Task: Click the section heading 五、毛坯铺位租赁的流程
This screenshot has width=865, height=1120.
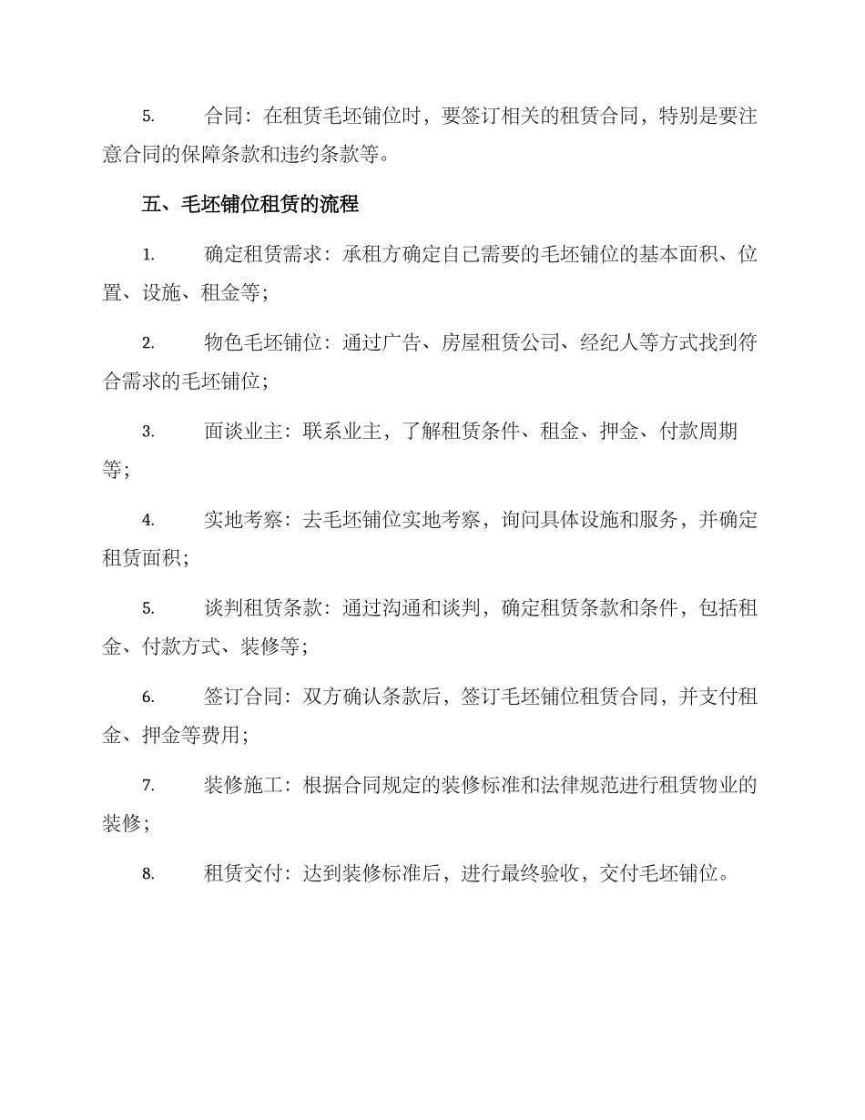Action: pyautogui.click(x=250, y=205)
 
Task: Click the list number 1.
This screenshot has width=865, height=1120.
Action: pyautogui.click(x=148, y=256)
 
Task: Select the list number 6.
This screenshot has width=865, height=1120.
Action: pyautogui.click(x=148, y=697)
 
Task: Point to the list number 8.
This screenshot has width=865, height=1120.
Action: pyautogui.click(x=148, y=874)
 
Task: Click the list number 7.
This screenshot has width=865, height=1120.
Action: pyautogui.click(x=148, y=786)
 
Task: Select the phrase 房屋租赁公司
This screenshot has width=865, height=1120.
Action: pyautogui.click(x=500, y=343)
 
